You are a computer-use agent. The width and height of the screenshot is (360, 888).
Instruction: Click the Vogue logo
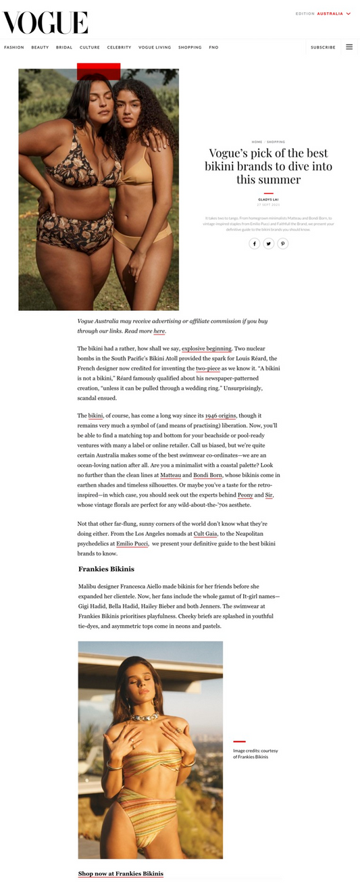[45, 22]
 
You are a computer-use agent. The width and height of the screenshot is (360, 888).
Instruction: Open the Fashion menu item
[14, 47]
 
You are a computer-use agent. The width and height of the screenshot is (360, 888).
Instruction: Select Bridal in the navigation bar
[64, 47]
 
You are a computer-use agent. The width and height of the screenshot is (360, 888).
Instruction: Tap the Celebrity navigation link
[119, 47]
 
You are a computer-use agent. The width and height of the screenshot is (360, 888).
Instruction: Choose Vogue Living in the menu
[155, 47]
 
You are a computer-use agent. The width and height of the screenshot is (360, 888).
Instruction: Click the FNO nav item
[213, 47]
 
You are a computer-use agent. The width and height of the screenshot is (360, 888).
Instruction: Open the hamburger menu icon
[349, 47]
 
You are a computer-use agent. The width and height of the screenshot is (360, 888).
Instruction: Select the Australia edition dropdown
[334, 14]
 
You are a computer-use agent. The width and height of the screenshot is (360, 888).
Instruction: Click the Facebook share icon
[254, 243]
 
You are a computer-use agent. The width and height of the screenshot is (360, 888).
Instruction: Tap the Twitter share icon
[269, 243]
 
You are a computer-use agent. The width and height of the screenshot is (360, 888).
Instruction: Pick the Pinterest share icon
[283, 243]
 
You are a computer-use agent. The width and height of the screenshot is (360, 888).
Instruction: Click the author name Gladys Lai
[268, 199]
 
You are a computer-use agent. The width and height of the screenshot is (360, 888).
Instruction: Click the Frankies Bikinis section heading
[106, 569]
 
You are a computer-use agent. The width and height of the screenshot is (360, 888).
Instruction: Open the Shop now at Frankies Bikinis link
[120, 874]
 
